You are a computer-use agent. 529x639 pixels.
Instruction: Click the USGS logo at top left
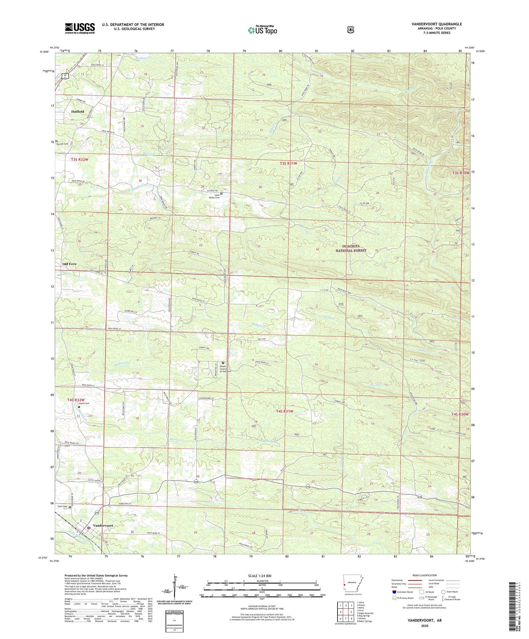[80, 28]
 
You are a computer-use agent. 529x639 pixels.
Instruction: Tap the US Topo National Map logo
[262, 30]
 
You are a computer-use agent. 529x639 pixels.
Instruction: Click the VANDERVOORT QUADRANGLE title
[436, 24]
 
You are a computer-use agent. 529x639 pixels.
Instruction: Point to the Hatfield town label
[78, 112]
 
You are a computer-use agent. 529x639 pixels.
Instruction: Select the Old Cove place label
[70, 264]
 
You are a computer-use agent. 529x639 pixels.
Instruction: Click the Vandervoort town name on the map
[103, 526]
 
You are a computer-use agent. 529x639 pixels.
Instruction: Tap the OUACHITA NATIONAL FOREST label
[351, 248]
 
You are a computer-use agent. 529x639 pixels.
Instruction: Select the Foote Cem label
[84, 403]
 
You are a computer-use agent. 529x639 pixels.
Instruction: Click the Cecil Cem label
[62, 507]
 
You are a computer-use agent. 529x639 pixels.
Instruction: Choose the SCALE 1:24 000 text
[260, 576]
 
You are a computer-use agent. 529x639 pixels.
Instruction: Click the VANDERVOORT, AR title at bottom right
[425, 621]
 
